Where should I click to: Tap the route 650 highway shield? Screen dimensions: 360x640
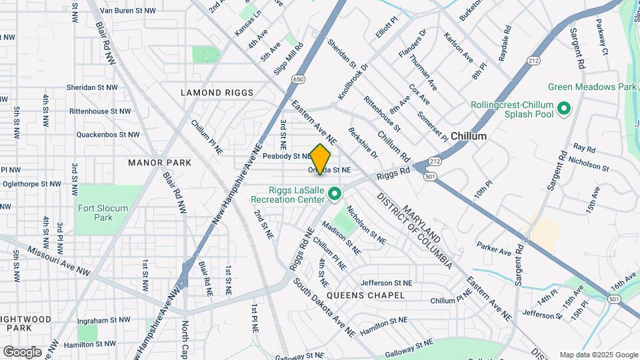click(x=296, y=79)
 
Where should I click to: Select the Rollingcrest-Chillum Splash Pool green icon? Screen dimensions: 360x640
click(x=564, y=107)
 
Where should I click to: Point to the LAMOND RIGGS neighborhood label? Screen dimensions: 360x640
click(x=217, y=93)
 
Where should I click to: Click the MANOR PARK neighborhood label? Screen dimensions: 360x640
click(x=160, y=162)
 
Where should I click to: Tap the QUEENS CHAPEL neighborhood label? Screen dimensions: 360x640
click(x=365, y=295)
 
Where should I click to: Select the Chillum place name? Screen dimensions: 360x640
click(x=468, y=135)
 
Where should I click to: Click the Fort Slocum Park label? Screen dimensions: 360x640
click(x=103, y=213)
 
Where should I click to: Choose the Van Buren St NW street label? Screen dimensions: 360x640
click(x=127, y=11)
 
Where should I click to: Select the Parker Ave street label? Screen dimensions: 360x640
click(x=494, y=248)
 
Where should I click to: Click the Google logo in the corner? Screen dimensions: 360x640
click(x=22, y=351)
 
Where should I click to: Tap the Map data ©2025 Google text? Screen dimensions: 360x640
click(x=597, y=355)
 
